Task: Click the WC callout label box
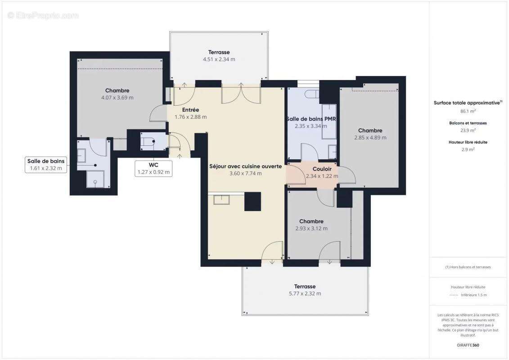(x=154, y=168)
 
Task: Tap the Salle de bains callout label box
(x=46, y=165)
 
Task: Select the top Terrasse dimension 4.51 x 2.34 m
(x=219, y=59)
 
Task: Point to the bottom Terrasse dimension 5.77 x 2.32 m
(x=305, y=293)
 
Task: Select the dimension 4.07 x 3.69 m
(x=117, y=98)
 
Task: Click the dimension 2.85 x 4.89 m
(x=370, y=138)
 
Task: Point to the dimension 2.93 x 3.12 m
(x=311, y=229)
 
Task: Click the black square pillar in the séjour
(x=252, y=201)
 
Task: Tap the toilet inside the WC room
(x=148, y=142)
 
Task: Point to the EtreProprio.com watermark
(x=43, y=16)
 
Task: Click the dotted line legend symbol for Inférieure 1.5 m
(x=454, y=295)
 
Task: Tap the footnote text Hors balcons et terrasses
(x=468, y=267)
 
